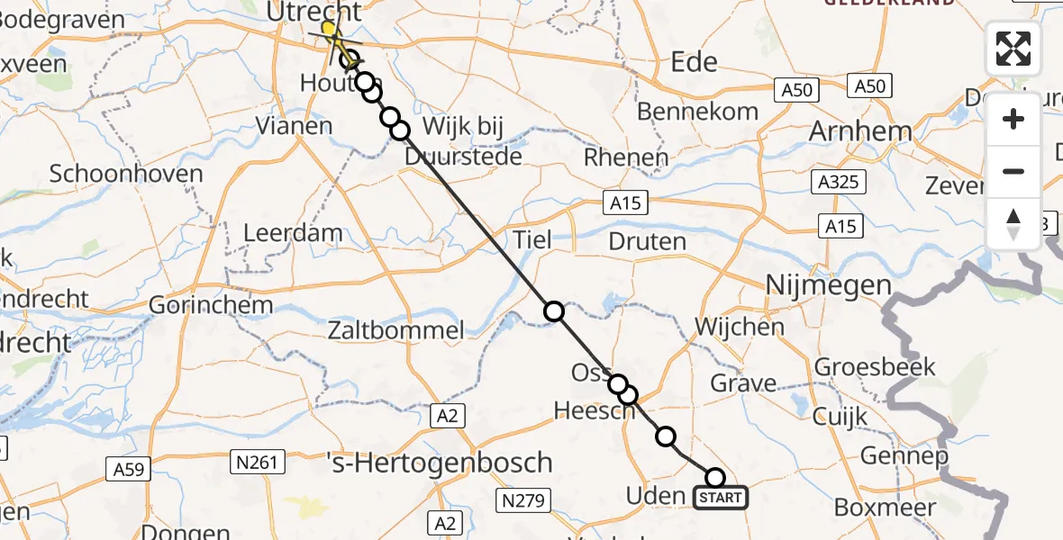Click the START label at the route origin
click(x=721, y=498)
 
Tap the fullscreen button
click(x=1013, y=49)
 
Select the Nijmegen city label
click(x=828, y=286)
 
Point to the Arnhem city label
click(x=860, y=131)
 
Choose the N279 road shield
click(x=522, y=500)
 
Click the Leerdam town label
click(x=294, y=233)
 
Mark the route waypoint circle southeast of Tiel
click(x=554, y=311)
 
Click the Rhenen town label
click(x=626, y=157)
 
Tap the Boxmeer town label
click(x=885, y=507)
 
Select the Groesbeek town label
click(x=875, y=367)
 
